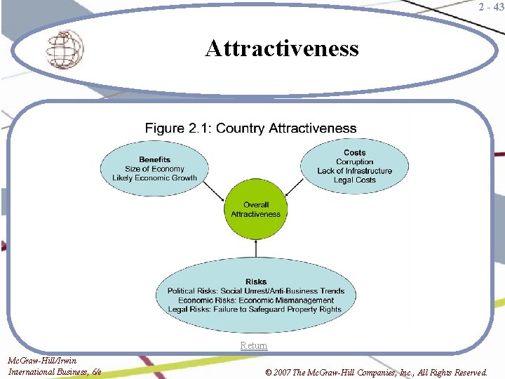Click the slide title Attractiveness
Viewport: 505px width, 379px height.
pos(282,48)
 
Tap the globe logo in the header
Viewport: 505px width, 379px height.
pos(65,48)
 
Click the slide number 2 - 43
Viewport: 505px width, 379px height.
pos(490,7)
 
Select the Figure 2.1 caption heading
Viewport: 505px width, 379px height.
pos(250,128)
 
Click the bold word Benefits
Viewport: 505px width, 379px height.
pos(154,159)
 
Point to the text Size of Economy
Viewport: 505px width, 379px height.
pos(154,168)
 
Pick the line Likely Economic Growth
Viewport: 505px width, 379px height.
pos(154,178)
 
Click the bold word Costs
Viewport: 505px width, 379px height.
pos(354,152)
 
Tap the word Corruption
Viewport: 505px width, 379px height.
pos(354,161)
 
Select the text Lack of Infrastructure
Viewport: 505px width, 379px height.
pos(354,171)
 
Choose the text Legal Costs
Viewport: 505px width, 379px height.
pos(354,180)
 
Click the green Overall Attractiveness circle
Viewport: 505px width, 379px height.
pos(256,209)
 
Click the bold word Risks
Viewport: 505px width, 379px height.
pos(256,282)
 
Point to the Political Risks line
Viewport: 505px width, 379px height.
pos(256,291)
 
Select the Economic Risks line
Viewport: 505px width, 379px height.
pos(256,300)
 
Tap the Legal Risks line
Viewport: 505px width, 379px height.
pos(256,310)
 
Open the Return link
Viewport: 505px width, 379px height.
pos(253,345)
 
